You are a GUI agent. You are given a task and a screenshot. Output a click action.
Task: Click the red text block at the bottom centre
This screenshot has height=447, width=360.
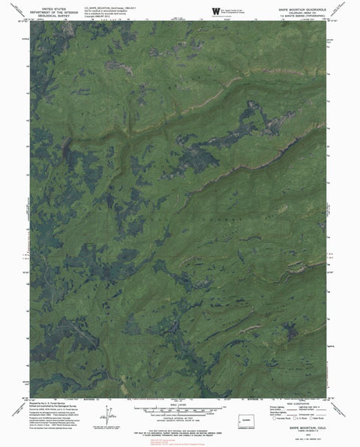180,439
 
